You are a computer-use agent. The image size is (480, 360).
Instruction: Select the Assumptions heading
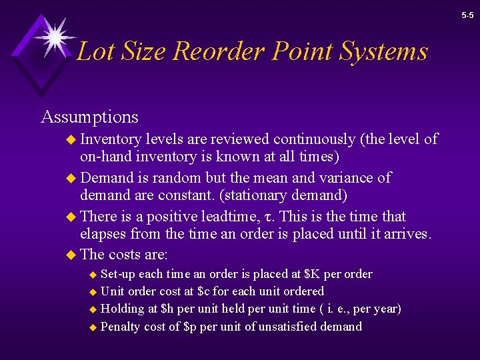click(89, 117)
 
